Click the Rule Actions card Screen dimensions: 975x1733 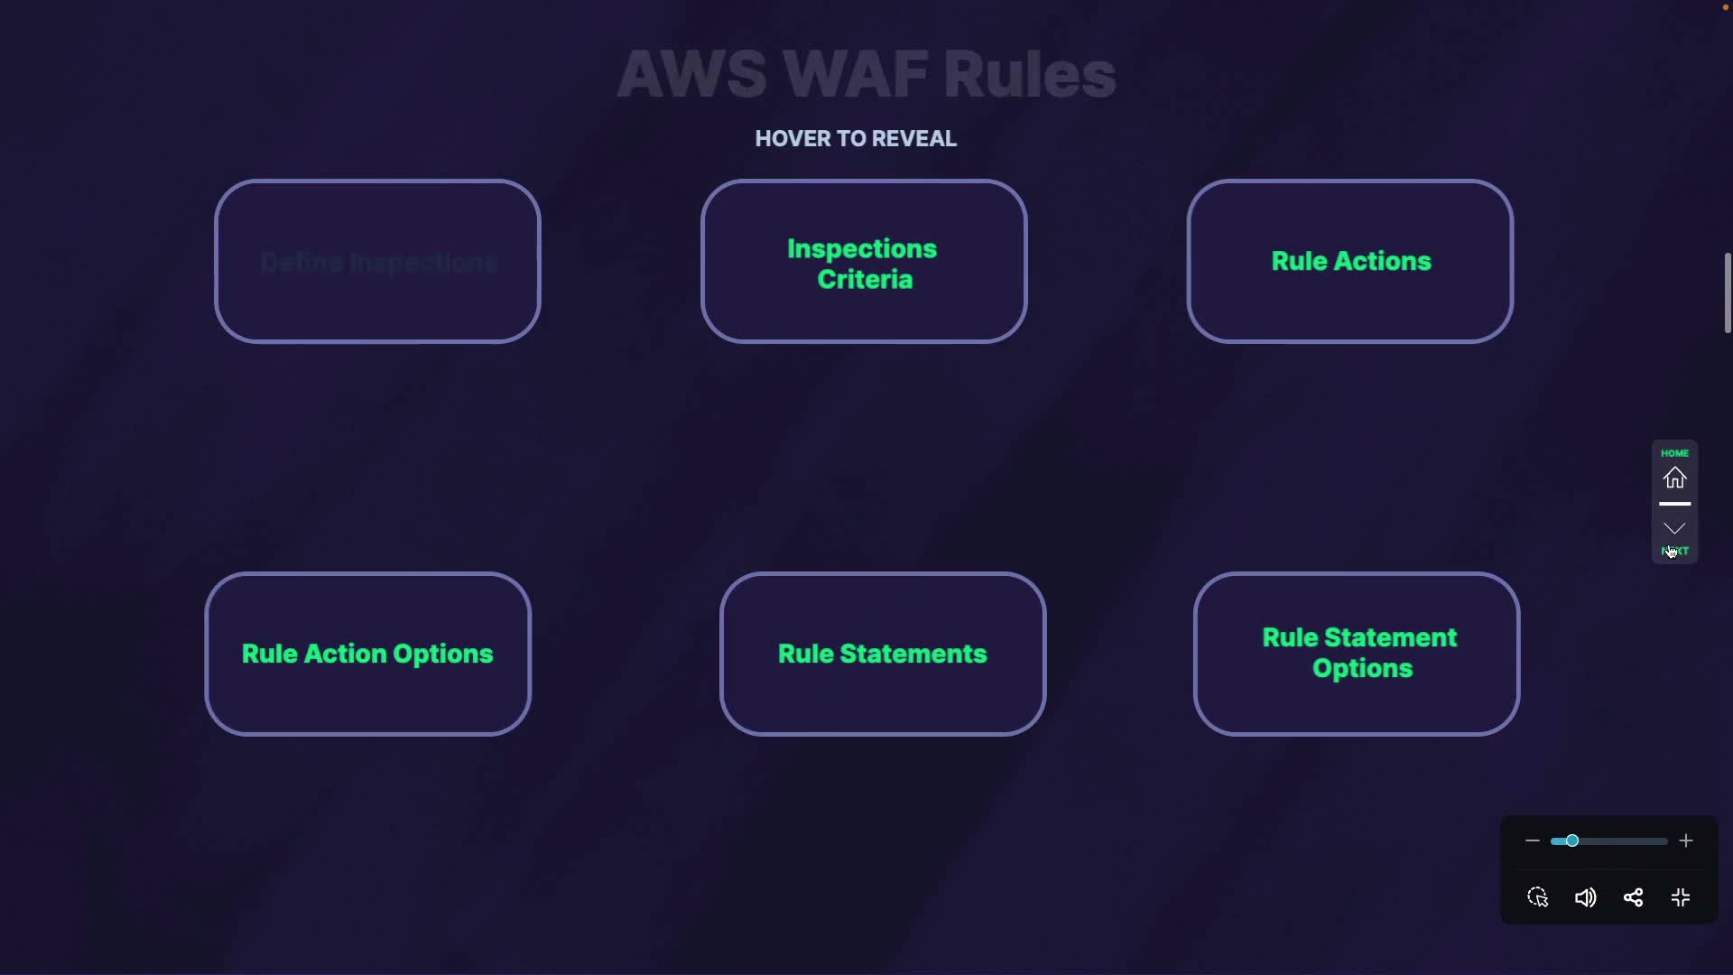1350,262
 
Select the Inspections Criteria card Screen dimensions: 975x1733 863,263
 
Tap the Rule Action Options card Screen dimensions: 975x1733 367,654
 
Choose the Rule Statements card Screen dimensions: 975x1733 882,654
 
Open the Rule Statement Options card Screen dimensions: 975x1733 1357,654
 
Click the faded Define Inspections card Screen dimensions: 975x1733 377,262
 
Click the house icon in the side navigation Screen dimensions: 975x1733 1675,478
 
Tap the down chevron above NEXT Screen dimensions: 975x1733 1675,528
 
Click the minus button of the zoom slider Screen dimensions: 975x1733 1532,841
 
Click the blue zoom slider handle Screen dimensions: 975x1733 1571,841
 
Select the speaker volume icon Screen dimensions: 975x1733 1585,898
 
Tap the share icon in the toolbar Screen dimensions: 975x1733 1633,898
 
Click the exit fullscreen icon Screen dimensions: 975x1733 1681,898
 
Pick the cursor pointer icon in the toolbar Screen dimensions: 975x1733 1538,898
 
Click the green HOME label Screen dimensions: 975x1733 1675,453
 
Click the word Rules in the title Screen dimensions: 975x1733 1030,74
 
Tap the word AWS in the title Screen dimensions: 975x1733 692,74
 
